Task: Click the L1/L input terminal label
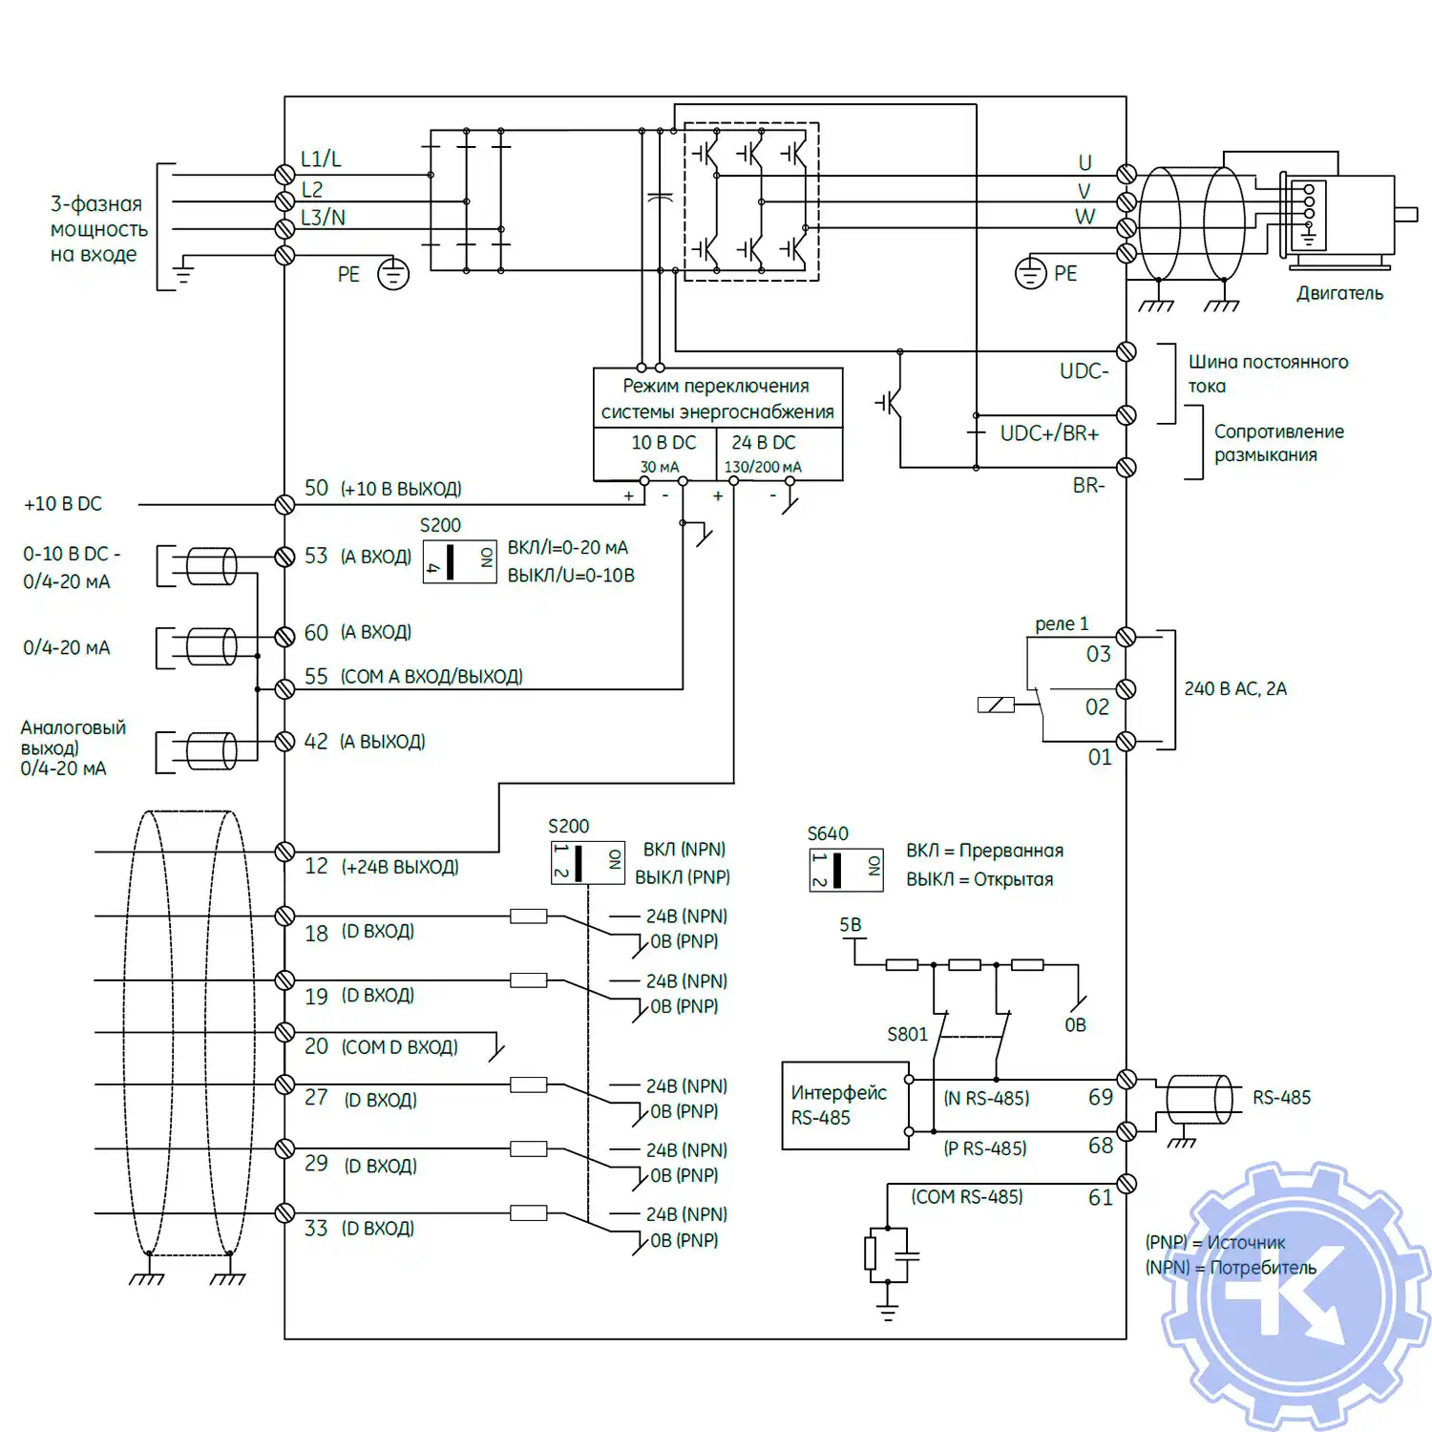coord(321,158)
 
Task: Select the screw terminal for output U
coord(1127,174)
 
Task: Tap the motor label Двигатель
coord(1338,293)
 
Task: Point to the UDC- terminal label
coord(1084,370)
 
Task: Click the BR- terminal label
coord(1088,485)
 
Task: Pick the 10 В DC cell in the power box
coord(663,452)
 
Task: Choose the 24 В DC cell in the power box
coord(763,452)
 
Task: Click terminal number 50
coord(316,488)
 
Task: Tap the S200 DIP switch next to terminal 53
coord(459,561)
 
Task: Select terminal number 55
coord(316,676)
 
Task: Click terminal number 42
coord(316,741)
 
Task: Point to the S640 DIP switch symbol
coord(846,870)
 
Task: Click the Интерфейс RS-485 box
coord(844,1105)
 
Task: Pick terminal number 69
coord(1100,1097)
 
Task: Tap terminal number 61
coord(1100,1197)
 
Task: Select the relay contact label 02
coord(1097,707)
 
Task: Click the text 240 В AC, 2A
coord(1234,688)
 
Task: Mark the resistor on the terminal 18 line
coord(528,916)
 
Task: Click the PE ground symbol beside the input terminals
coord(392,274)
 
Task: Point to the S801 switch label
coord(906,1034)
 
